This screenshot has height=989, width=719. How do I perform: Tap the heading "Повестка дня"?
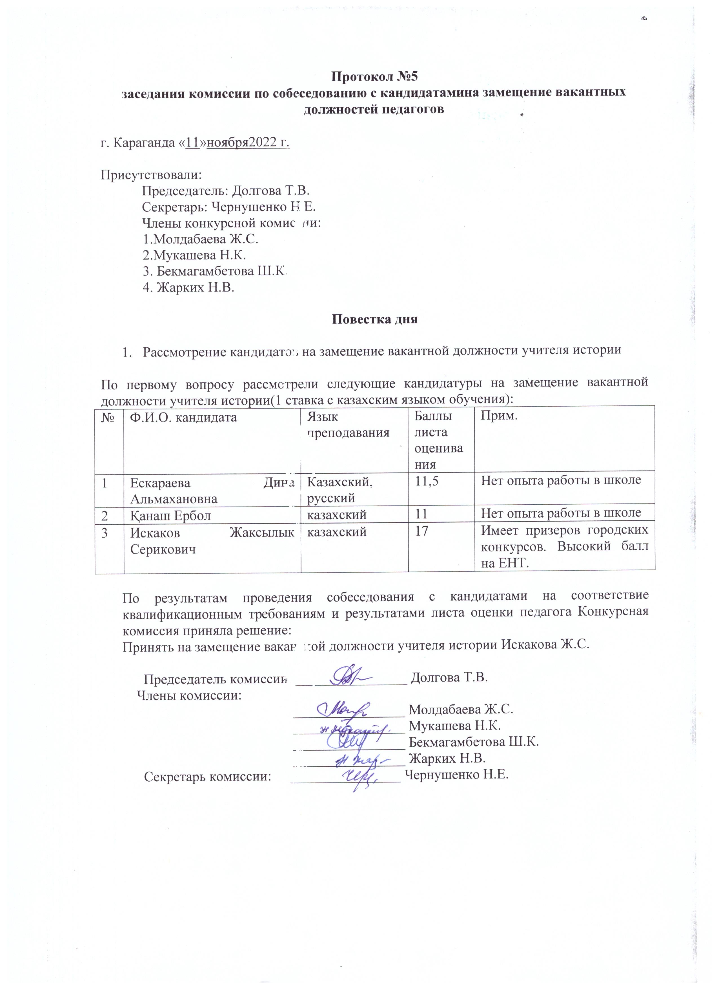tap(374, 319)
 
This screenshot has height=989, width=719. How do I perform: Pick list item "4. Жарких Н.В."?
tap(188, 287)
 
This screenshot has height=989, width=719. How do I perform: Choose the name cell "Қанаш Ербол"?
tap(170, 515)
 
